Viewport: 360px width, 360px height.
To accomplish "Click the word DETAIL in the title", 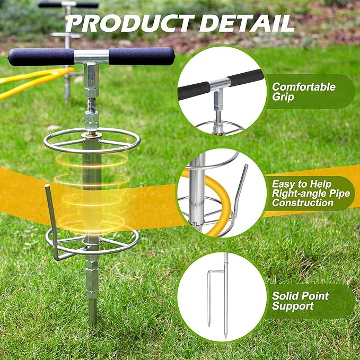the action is [x=247, y=23].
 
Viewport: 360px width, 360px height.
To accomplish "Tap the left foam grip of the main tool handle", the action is [x=41, y=57].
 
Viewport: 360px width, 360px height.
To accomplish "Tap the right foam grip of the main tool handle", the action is [x=142, y=56].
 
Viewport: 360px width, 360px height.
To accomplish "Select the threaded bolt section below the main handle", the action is [x=91, y=104].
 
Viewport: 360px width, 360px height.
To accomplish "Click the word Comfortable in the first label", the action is [x=304, y=87].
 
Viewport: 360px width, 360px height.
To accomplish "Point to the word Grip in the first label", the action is [x=283, y=96].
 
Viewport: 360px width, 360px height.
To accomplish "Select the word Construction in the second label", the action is [x=303, y=203].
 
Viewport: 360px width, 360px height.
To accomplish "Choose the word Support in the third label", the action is [x=293, y=306].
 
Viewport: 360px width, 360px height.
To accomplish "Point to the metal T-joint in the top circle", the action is [x=219, y=84].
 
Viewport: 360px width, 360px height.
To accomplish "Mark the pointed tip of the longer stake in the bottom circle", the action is [x=225, y=337].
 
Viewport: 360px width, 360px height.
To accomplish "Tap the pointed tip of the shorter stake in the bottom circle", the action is [x=209, y=326].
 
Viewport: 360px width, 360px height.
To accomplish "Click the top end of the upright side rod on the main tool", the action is [x=47, y=186].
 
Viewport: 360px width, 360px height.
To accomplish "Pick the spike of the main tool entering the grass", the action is [x=93, y=312].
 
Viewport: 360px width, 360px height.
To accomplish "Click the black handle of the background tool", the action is [x=68, y=5].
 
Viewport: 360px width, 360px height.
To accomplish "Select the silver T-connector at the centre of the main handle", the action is [x=91, y=57].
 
